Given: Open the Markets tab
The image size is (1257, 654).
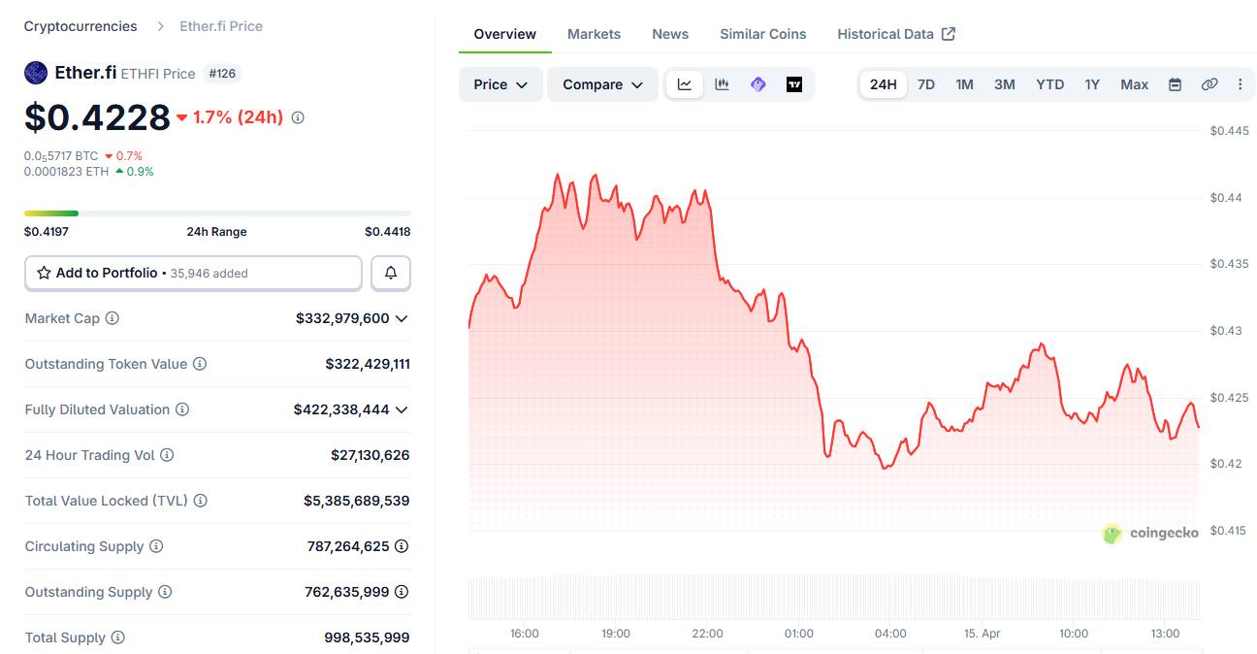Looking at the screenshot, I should point(594,34).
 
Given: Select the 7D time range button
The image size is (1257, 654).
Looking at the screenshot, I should point(926,84).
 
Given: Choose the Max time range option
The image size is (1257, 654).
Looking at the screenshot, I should point(1134,84).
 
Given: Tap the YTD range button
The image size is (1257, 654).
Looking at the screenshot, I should point(1049,84).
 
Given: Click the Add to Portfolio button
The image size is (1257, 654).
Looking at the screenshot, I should point(193,274).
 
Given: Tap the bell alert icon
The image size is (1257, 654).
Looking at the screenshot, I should point(391,274).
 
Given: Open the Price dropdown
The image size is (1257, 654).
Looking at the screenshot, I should point(500,84).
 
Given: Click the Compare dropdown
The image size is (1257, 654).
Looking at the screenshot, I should point(602,84).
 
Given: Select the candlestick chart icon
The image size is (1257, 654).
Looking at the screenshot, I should point(722,84).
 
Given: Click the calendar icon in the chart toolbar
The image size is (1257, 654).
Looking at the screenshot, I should point(1175,84).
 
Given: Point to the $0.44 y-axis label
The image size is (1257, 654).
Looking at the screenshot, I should point(1226,198).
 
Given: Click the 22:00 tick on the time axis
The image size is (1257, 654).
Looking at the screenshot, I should point(707,634).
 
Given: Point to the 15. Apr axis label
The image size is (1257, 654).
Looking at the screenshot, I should point(982,634).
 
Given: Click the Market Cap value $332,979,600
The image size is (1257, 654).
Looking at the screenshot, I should point(342,318).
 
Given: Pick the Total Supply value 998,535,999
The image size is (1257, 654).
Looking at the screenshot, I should point(367,638).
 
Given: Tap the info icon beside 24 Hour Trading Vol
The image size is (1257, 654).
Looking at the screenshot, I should point(167,455).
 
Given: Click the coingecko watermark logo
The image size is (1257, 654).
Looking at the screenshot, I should point(1150,533).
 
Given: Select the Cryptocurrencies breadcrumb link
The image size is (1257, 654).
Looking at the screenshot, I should point(81,26).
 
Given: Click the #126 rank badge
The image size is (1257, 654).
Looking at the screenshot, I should point(223,74).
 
